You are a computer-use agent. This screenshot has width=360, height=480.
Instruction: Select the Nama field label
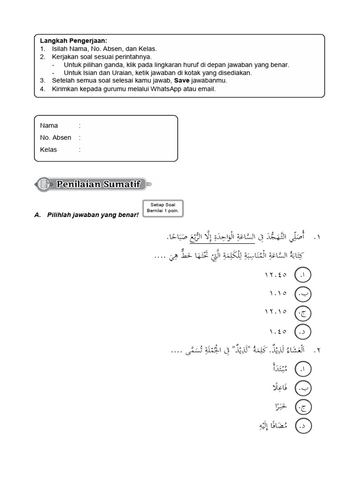click(x=49, y=126)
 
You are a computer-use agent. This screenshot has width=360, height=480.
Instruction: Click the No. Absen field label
click(x=56, y=138)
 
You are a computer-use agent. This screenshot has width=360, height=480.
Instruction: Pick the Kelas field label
click(x=49, y=150)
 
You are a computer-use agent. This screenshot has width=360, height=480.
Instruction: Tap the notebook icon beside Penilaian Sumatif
click(x=44, y=184)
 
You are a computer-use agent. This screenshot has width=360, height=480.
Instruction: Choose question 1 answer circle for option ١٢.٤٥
click(x=303, y=276)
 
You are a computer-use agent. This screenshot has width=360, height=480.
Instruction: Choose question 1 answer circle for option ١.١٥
click(x=303, y=295)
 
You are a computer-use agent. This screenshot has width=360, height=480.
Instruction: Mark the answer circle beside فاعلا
click(x=303, y=389)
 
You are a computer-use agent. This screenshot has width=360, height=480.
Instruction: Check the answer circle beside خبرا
click(x=303, y=407)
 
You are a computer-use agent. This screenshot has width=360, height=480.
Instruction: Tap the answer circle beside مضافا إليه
click(x=303, y=426)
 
